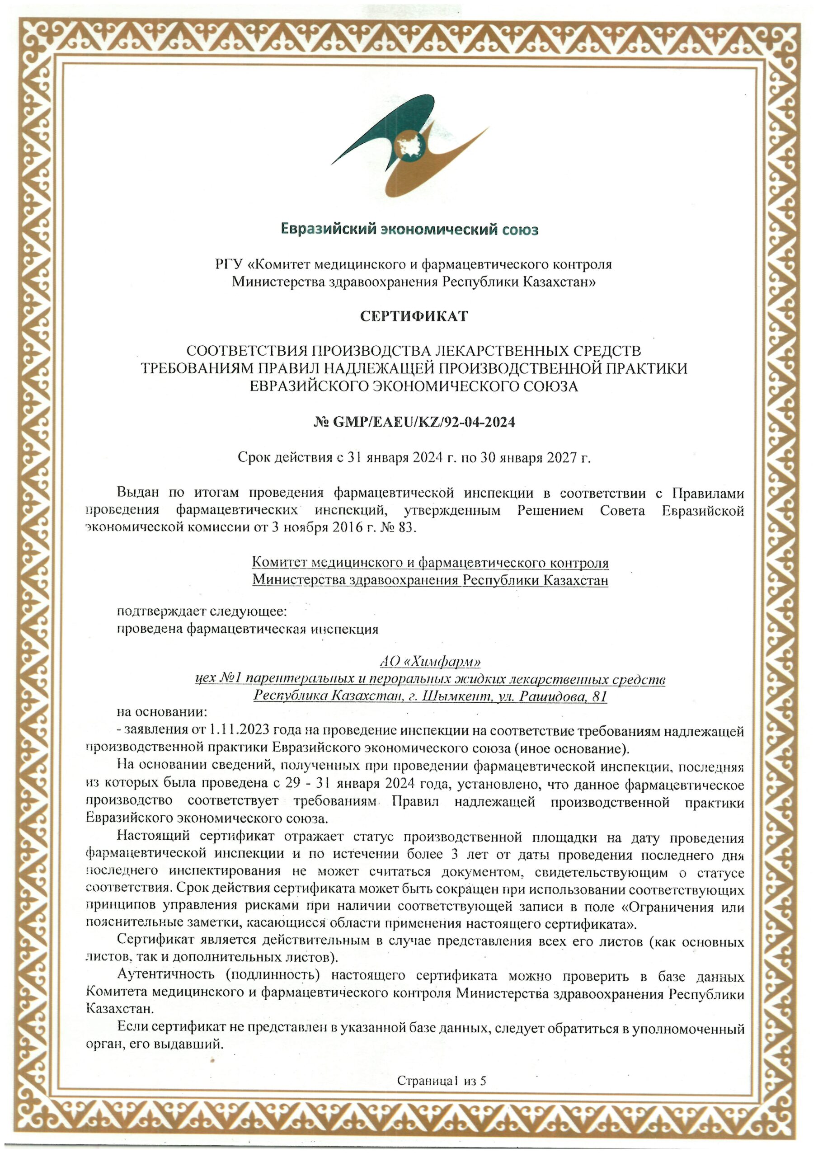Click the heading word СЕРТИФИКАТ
(x=414, y=316)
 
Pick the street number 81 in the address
(x=599, y=696)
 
